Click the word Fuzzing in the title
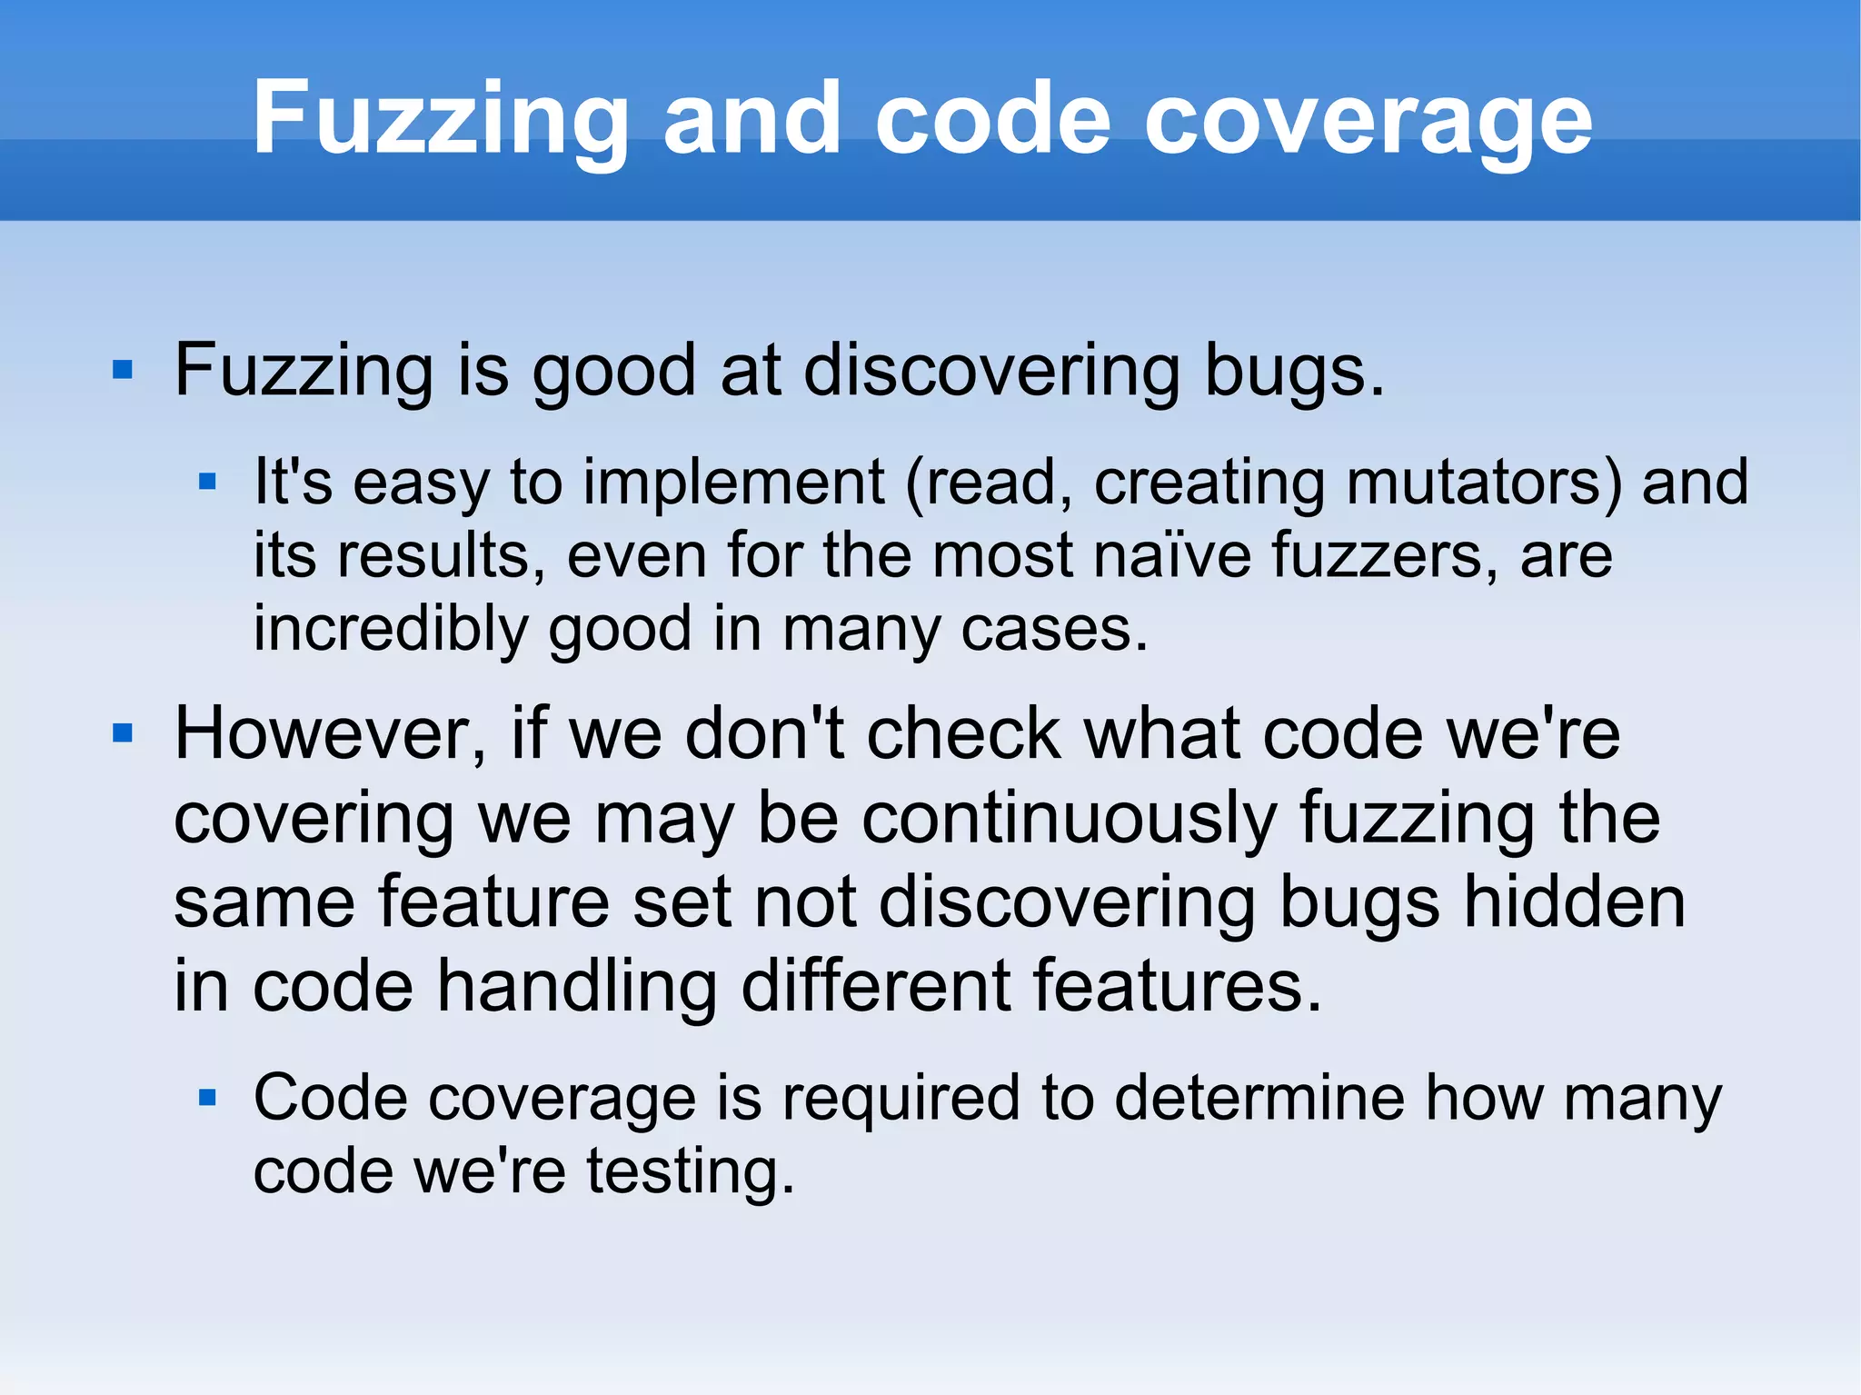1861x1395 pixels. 440,119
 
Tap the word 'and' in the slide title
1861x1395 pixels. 751,119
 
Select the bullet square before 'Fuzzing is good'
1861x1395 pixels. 123,370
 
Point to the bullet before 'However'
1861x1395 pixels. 123,732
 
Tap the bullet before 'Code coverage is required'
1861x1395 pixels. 207,1097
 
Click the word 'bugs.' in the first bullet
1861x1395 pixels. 1294,371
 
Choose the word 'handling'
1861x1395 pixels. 577,986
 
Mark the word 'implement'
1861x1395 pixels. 733,482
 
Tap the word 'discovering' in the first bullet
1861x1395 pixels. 991,371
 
